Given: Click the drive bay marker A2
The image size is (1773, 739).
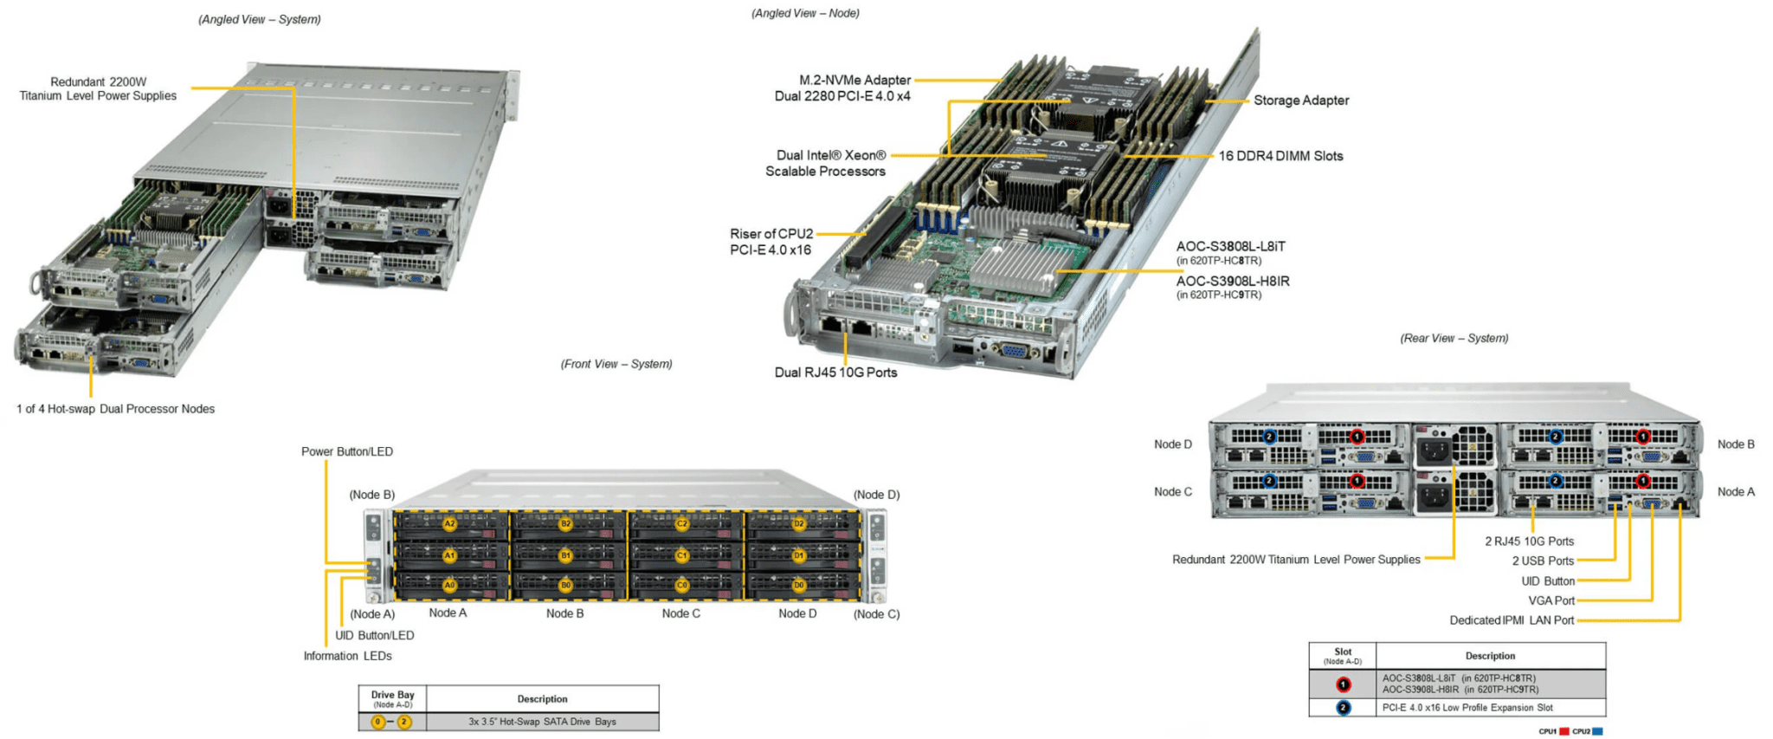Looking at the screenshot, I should (x=449, y=524).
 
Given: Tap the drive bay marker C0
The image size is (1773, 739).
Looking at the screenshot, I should (x=682, y=586).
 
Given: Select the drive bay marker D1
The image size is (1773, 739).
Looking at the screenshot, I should (x=799, y=555).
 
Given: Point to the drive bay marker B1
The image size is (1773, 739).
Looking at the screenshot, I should (x=565, y=555).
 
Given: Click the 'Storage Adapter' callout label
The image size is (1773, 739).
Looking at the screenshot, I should (x=1300, y=100).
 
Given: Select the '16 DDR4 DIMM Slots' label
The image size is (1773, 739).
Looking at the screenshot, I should (x=1280, y=156).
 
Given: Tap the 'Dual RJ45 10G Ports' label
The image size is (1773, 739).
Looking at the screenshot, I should (x=835, y=373).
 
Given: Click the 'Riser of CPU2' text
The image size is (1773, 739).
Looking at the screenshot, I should (x=771, y=234).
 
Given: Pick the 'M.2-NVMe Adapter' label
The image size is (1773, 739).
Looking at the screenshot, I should (x=854, y=80).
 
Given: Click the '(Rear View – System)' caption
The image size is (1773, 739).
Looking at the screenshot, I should (x=1454, y=338).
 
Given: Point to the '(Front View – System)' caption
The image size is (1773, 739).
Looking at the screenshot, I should (x=616, y=364).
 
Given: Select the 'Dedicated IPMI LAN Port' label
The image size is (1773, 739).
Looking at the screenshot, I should (x=1512, y=620).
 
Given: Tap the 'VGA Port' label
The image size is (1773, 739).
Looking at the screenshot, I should (x=1551, y=600).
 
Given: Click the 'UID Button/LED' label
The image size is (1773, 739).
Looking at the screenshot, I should (x=374, y=635).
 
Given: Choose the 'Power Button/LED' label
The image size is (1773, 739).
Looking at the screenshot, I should (x=346, y=451).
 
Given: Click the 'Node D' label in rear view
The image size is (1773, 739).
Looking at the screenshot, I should (x=1172, y=444).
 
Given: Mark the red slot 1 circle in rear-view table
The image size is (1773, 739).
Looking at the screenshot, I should (x=1343, y=684).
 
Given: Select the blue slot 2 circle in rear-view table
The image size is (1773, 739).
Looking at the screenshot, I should (x=1343, y=708).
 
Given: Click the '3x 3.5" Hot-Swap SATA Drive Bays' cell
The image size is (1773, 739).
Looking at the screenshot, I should (x=542, y=722).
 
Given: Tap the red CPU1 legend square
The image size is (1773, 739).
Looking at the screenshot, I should (x=1563, y=732).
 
